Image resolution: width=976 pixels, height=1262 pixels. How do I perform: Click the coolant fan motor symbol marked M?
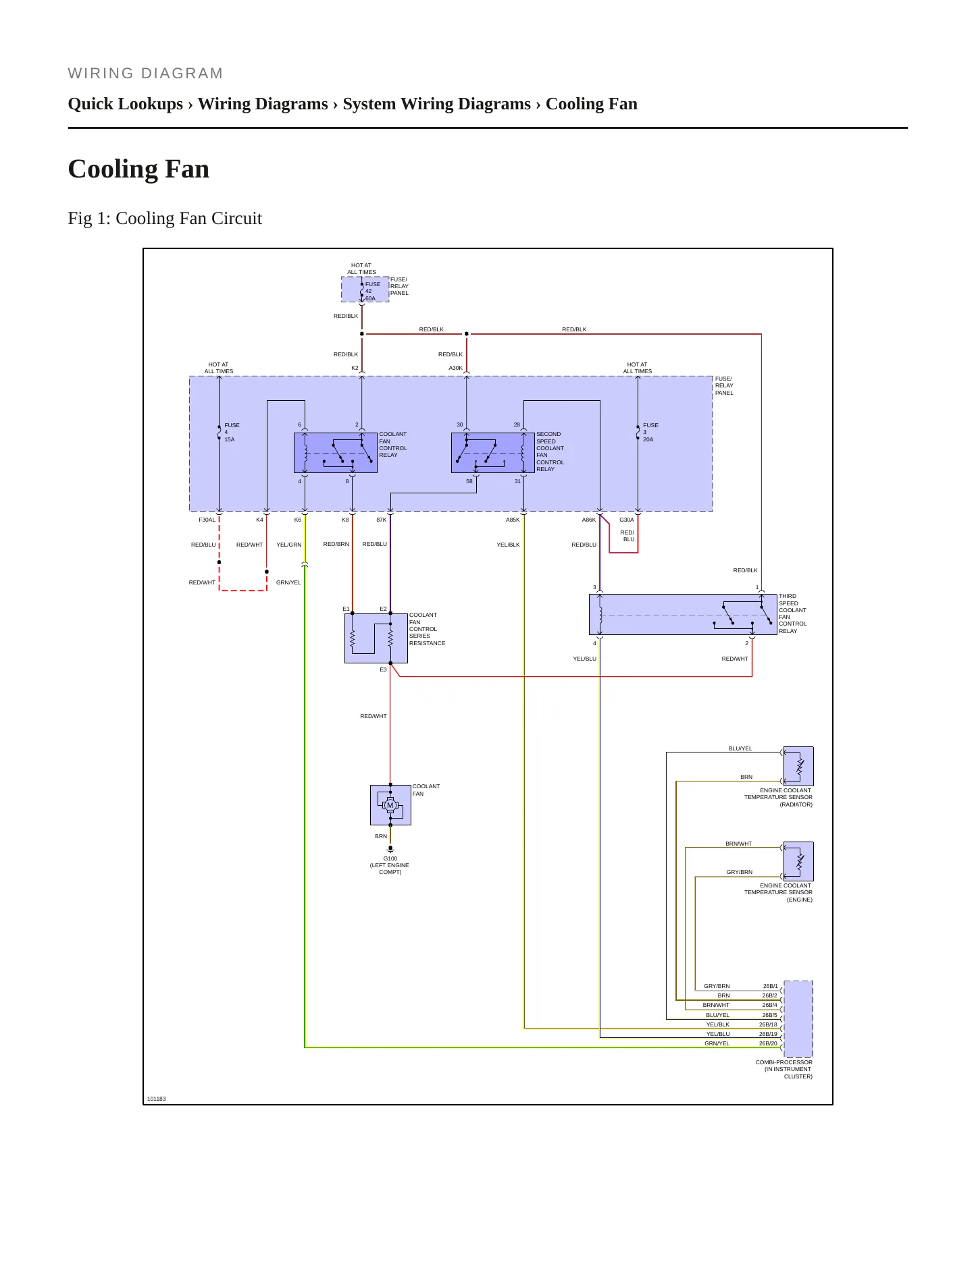pyautogui.click(x=390, y=805)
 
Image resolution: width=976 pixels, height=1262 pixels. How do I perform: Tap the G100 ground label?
pyautogui.click(x=390, y=858)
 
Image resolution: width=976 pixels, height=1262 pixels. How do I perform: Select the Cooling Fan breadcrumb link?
pyautogui.click(x=591, y=104)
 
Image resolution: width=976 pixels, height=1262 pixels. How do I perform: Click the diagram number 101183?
pyautogui.click(x=157, y=1099)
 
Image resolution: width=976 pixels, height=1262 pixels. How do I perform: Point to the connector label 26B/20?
pyautogui.click(x=768, y=1043)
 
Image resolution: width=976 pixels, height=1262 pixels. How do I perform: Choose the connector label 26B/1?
pyautogui.click(x=770, y=986)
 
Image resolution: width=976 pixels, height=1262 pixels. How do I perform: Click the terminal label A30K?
pyautogui.click(x=456, y=368)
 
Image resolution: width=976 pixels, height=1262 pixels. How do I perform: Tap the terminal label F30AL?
pyautogui.click(x=207, y=520)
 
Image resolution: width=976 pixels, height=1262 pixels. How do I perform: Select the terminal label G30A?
pyautogui.click(x=627, y=520)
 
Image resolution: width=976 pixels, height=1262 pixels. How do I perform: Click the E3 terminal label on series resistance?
pyautogui.click(x=383, y=669)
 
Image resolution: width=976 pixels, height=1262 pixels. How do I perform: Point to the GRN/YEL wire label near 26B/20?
pyautogui.click(x=717, y=1043)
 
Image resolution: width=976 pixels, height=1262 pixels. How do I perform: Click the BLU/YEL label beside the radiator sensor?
pyautogui.click(x=740, y=748)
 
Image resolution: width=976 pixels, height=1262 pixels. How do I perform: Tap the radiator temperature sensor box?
pyautogui.click(x=798, y=766)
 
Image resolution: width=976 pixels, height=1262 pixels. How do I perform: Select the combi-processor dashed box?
pyautogui.click(x=798, y=1018)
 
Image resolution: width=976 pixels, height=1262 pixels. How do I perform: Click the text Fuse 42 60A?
pyautogui.click(x=372, y=291)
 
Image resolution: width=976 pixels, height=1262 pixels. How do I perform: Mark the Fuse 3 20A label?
pyautogui.click(x=650, y=432)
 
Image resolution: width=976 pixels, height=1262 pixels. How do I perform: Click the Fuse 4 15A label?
pyautogui.click(x=232, y=432)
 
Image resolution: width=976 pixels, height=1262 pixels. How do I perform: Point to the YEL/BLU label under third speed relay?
pyautogui.click(x=585, y=659)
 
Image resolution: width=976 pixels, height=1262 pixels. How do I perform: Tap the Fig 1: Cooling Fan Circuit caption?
pyautogui.click(x=165, y=218)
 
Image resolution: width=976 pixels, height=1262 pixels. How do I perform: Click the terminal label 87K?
pyautogui.click(x=382, y=520)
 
